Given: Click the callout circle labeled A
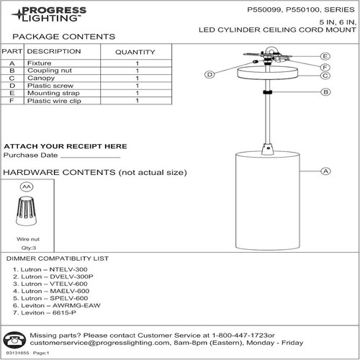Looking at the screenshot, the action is [325, 171].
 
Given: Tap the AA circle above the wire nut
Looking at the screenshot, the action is [27, 186].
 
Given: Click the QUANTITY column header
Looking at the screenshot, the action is [135, 52].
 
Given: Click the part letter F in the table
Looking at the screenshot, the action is [12, 102].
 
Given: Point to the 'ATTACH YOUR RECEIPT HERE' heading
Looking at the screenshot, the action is [65, 146].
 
